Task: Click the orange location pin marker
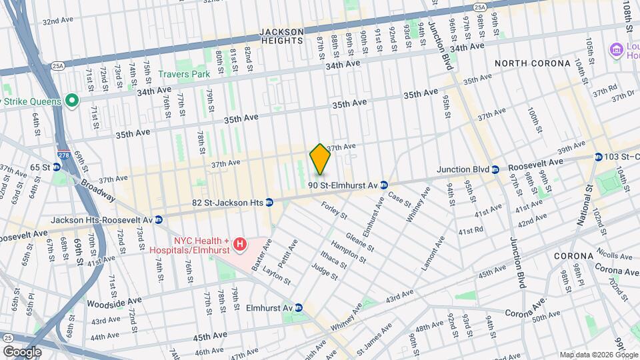click(320, 159)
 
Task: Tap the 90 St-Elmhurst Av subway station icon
click(384, 184)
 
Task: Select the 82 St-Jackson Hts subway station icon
click(269, 202)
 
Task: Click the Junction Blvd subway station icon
click(495, 169)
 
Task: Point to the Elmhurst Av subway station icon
click(299, 308)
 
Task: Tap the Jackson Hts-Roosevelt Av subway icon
click(159, 219)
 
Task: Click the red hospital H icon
click(239, 245)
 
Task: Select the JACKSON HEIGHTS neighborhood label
click(281, 36)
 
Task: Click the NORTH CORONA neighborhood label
click(533, 63)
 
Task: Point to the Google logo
click(22, 351)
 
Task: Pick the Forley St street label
click(334, 210)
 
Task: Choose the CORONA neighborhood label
click(573, 256)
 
